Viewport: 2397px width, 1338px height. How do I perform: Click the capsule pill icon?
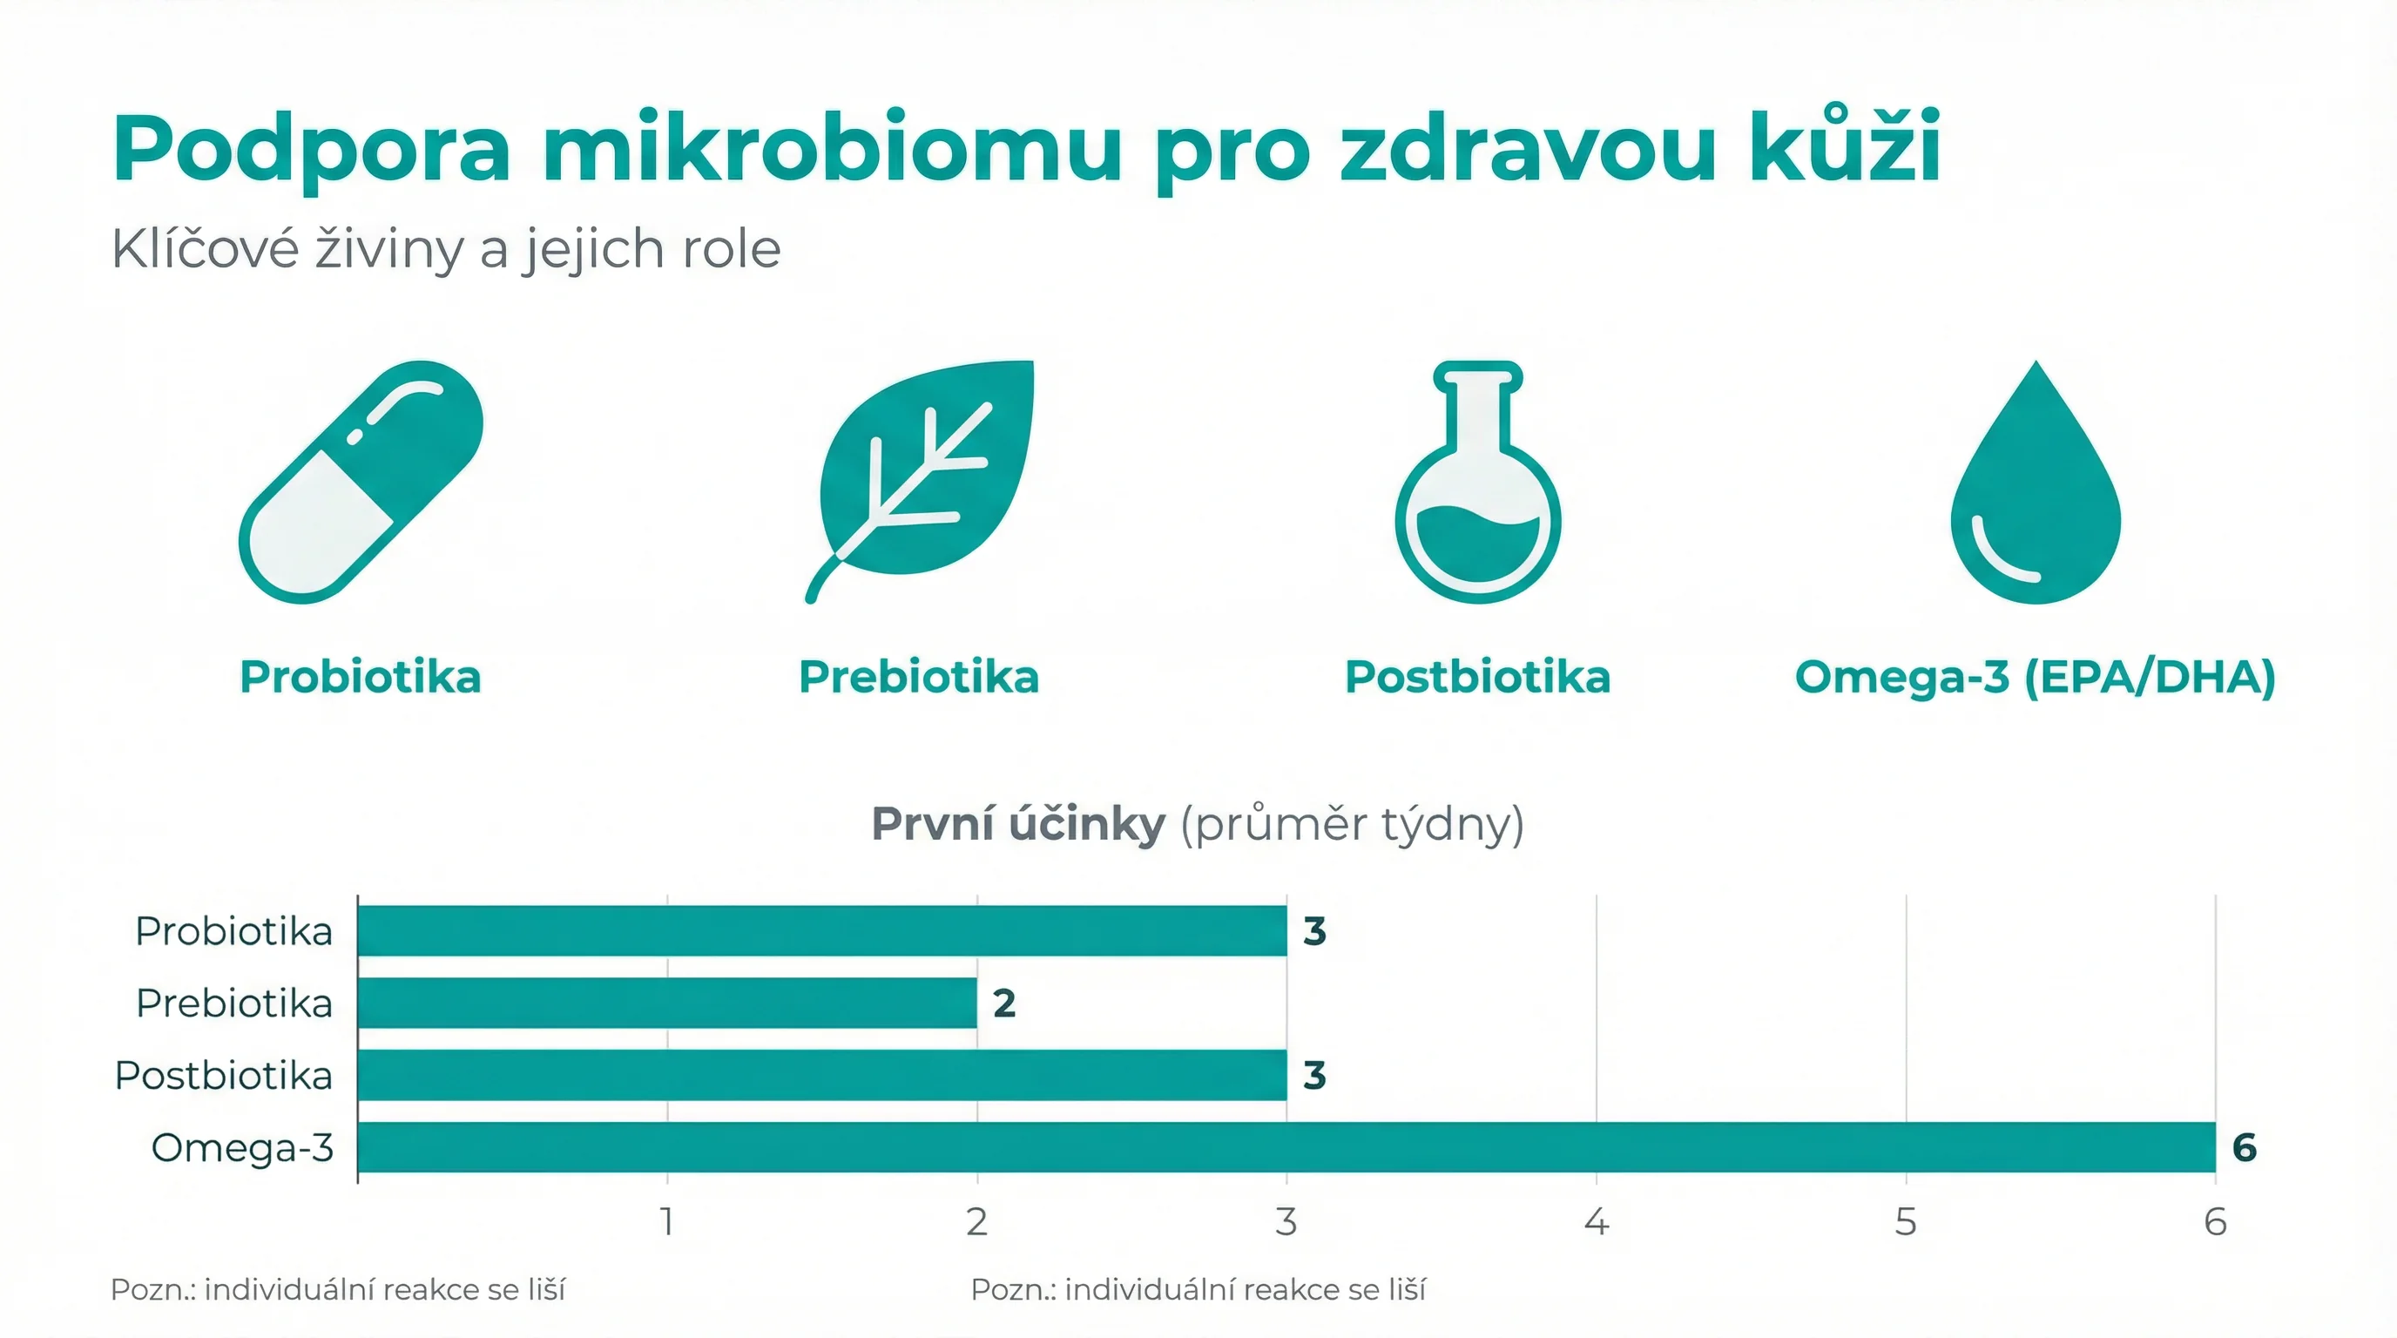click(361, 481)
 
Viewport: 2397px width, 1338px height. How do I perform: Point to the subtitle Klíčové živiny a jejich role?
click(446, 248)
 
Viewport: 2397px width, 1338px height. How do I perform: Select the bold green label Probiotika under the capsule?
click(360, 677)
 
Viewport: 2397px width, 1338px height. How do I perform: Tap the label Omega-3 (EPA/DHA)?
click(2035, 677)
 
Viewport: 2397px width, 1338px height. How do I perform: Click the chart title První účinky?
click(1018, 823)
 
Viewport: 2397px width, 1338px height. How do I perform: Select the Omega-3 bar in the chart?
click(1286, 1146)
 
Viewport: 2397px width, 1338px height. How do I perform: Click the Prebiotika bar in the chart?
click(667, 1002)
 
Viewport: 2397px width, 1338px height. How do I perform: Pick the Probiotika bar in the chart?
click(821, 929)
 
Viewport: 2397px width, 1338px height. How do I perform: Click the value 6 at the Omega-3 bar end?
click(2245, 1147)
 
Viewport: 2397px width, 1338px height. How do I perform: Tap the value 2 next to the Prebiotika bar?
click(1004, 1003)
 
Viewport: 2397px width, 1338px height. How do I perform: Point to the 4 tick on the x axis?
click(1596, 1221)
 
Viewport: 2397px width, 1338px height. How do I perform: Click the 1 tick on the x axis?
click(667, 1221)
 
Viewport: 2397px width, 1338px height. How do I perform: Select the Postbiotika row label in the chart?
click(223, 1076)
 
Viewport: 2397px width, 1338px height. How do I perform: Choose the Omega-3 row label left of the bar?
click(242, 1148)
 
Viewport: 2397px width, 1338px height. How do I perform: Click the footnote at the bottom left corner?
click(337, 1289)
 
